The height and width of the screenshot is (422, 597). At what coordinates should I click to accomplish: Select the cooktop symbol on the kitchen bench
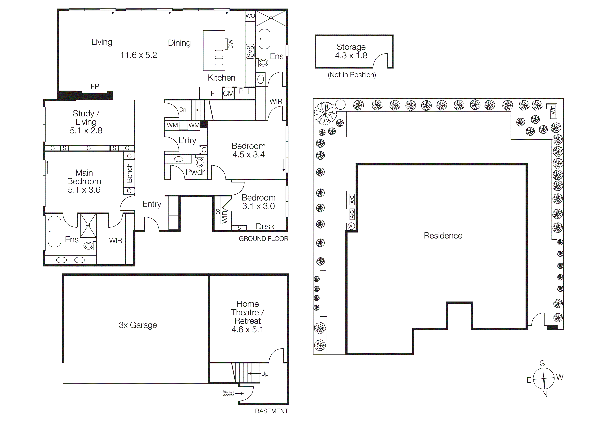[250, 51]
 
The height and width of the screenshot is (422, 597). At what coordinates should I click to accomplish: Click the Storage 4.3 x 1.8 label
[351, 51]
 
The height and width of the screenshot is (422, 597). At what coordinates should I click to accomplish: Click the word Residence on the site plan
[443, 236]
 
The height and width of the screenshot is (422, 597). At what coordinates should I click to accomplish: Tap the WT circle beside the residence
[351, 226]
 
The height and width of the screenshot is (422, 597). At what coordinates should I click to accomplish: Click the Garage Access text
[229, 393]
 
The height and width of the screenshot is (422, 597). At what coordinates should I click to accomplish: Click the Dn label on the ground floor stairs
[183, 110]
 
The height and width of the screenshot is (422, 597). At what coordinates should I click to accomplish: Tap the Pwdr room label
[195, 172]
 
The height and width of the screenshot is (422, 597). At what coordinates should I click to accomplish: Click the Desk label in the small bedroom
[265, 226]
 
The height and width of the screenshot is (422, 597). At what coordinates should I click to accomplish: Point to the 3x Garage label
[138, 325]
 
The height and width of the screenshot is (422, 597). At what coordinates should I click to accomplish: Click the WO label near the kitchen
[250, 16]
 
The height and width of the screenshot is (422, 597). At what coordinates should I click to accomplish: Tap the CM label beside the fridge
[228, 93]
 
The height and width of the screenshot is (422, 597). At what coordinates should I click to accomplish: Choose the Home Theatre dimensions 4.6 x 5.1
[247, 329]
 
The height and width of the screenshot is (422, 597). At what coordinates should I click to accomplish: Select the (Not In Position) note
[352, 75]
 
